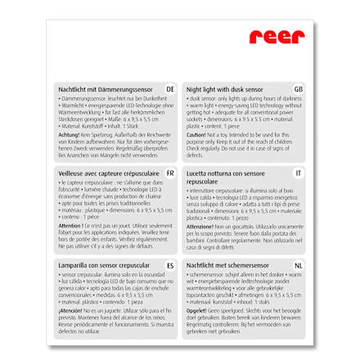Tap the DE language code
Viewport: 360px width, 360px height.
pos(169,88)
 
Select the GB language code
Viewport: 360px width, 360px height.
pos(298,88)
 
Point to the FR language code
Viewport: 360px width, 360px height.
pos(169,173)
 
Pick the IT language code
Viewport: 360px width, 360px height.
pos(299,173)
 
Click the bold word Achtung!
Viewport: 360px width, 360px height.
pos(68,133)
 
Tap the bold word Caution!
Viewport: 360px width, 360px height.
pos(196,133)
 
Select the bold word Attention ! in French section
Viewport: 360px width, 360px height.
pos(70,224)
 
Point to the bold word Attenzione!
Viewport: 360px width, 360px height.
pos(200,224)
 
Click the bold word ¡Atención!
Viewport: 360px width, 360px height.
pos(70,310)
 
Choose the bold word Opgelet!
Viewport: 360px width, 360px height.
pos(196,310)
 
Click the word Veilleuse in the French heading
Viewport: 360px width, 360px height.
pos(71,173)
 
